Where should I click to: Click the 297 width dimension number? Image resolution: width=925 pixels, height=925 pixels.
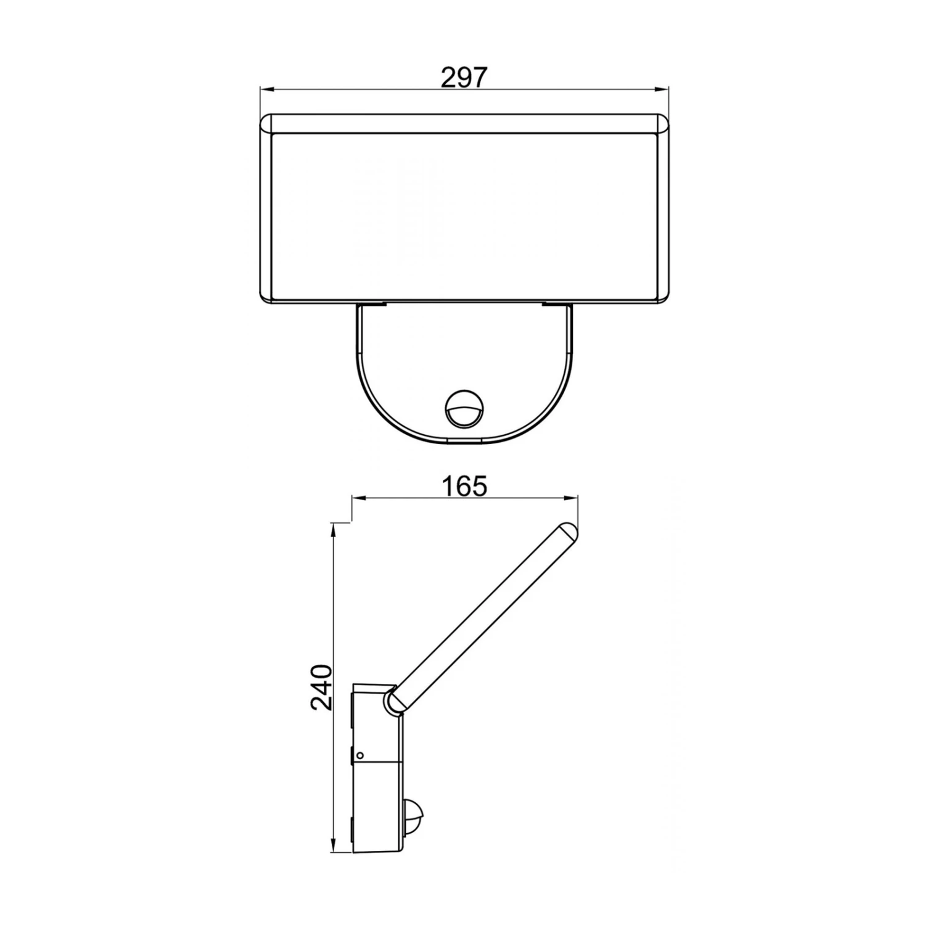pos(464,78)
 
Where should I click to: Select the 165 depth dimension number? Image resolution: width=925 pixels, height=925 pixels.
pos(464,486)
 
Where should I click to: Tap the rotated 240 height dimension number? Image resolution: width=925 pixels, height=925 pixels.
pos(321,687)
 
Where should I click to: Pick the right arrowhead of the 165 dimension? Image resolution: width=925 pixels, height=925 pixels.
pos(570,499)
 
